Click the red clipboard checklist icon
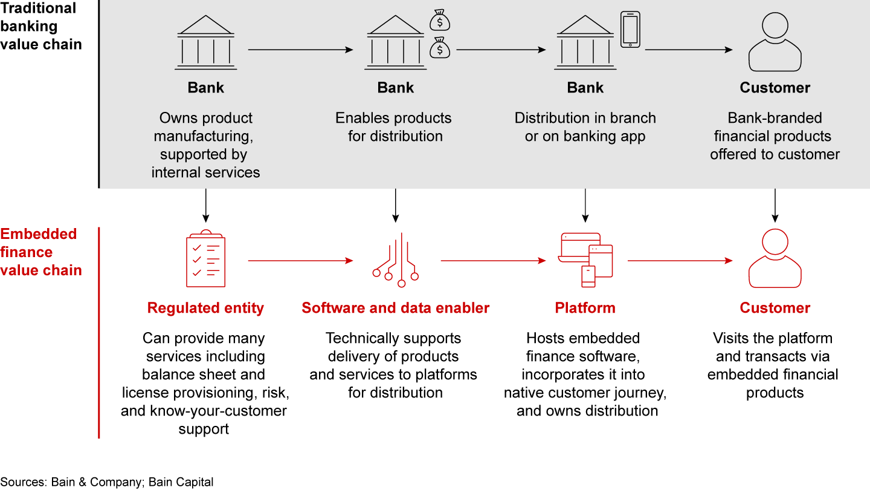pos(205,260)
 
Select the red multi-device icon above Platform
pos(585,260)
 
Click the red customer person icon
pos(775,260)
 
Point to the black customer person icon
pos(775,43)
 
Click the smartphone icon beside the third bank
pos(630,30)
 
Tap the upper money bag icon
pos(440,21)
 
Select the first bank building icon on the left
pos(205,43)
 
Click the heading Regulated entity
pos(205,308)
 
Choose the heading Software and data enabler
pos(396,308)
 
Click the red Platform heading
pos(585,308)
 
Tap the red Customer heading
pos(775,308)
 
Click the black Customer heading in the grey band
pos(775,88)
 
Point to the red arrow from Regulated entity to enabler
pos(300,261)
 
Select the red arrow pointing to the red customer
pos(680,261)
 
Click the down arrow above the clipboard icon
pos(205,206)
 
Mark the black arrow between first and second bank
pos(300,50)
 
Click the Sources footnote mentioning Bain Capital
pos(107,482)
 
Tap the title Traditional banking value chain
pos(40,26)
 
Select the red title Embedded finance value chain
pos(40,252)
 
